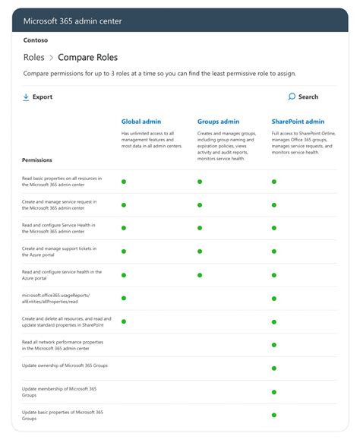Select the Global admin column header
click(141, 122)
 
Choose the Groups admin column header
click(218, 122)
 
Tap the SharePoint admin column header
click(298, 122)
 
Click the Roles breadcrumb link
click(34, 57)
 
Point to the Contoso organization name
click(36, 40)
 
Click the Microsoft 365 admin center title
click(72, 21)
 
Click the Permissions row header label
click(37, 160)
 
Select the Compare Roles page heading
click(88, 57)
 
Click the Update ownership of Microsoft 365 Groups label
click(65, 365)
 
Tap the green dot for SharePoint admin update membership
click(274, 391)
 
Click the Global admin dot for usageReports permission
click(123, 298)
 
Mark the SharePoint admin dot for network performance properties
click(274, 345)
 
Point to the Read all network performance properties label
click(62, 345)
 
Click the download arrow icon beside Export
click(26, 97)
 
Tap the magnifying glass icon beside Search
click(292, 97)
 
